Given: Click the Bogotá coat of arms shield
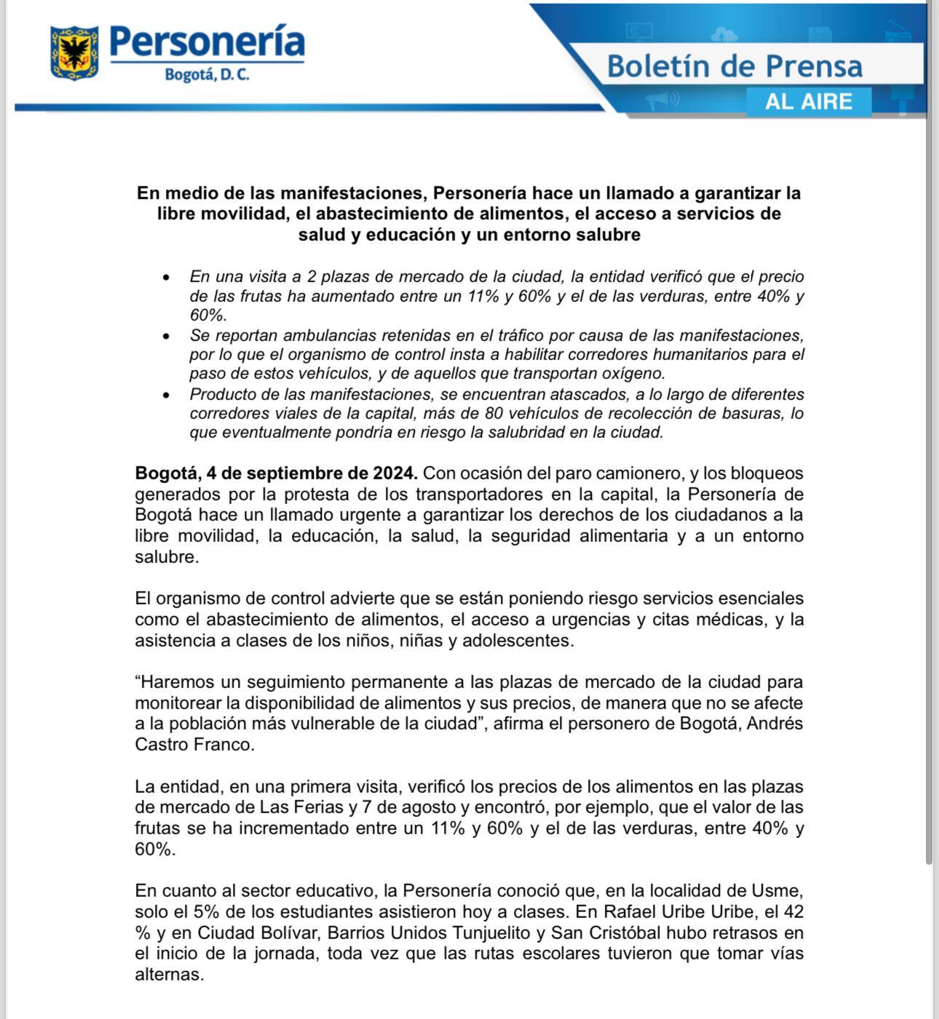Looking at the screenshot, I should coord(74,52).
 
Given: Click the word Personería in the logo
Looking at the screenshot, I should coord(207,41).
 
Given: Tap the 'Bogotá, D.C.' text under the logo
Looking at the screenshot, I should coord(207,75).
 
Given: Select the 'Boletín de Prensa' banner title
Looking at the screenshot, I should coord(734,66).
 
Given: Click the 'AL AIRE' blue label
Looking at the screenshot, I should coord(808,101).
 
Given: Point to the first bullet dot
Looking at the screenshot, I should coord(167,278).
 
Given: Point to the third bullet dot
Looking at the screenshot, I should coord(167,395).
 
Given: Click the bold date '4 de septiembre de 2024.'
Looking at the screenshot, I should coord(312,473).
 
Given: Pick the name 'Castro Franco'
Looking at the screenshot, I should coord(194,745).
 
